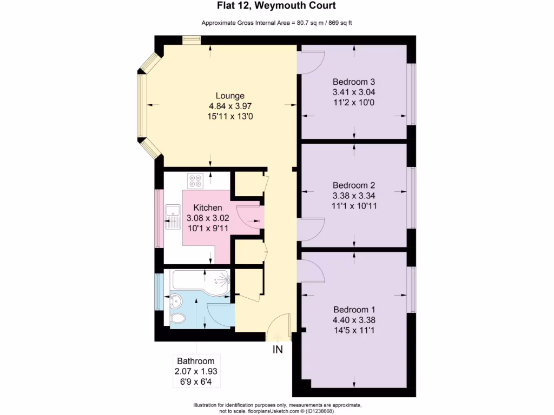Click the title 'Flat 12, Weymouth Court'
277,6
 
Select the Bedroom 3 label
354,82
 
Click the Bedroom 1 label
354,310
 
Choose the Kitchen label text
208,207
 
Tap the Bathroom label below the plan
195,361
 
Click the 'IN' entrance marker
278,350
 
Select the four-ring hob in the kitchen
195,180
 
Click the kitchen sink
173,216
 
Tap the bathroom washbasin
176,298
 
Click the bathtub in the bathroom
200,280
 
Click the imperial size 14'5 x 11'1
354,330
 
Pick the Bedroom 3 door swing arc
311,63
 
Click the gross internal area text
277,23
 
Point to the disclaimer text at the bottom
277,408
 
